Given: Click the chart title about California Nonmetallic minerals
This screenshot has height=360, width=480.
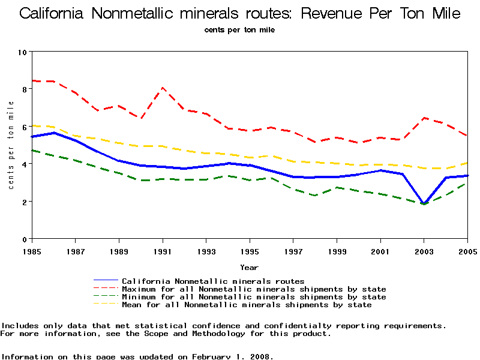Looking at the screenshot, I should coord(240,13).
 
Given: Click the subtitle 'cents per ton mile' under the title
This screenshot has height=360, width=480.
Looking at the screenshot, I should coord(240,30).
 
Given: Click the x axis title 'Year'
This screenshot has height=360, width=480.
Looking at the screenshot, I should coord(250,267).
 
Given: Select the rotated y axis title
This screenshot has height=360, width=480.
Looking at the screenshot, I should coord(11,145).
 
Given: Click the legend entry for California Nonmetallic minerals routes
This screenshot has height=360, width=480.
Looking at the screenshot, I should coord(213,281).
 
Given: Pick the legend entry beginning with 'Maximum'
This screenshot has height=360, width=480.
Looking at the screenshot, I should coord(254,289).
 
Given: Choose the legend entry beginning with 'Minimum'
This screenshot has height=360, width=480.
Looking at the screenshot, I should coord(254,297).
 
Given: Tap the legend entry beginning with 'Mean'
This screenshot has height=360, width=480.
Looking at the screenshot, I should coord(247,305).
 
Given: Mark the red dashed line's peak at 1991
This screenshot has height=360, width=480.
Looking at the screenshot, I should coord(163,88).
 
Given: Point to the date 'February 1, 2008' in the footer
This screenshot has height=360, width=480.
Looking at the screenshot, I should coord(233,356).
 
